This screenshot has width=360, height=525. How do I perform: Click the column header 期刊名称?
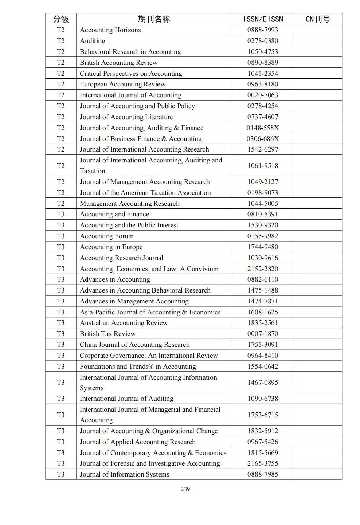(154, 19)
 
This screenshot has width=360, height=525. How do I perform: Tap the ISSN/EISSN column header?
(263, 19)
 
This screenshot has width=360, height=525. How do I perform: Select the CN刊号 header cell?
(317, 19)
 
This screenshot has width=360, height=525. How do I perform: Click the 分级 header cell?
(61, 19)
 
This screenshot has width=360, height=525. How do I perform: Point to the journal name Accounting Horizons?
(110, 30)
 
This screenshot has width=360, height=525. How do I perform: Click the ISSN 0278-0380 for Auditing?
(263, 41)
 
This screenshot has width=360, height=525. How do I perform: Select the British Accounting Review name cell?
(118, 63)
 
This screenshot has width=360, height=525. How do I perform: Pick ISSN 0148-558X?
(263, 128)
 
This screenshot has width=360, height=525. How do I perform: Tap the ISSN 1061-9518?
(263, 166)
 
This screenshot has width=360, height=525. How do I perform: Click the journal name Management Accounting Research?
(129, 204)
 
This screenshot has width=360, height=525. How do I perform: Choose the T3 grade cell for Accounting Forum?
(61, 236)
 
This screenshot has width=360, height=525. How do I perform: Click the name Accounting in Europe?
(111, 247)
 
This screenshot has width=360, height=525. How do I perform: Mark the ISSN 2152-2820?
(263, 269)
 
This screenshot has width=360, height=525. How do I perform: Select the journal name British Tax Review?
(107, 334)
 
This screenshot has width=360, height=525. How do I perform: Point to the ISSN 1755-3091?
(263, 345)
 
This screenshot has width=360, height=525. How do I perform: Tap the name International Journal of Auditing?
(126, 399)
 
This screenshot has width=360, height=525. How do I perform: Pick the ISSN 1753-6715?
(263, 415)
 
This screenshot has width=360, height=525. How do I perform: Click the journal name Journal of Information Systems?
(124, 474)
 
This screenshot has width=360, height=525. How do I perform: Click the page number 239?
(185, 489)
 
